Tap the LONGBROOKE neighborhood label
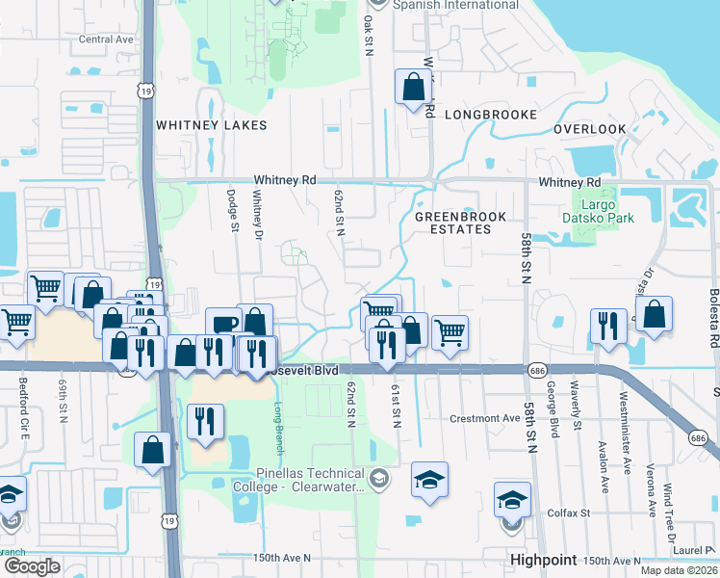491,115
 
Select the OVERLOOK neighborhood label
590,129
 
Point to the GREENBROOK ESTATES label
459,223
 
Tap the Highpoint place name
544,560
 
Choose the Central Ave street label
106,39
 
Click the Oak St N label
368,33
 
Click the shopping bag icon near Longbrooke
413,87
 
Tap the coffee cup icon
223,324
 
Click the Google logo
32,566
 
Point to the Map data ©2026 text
681,570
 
